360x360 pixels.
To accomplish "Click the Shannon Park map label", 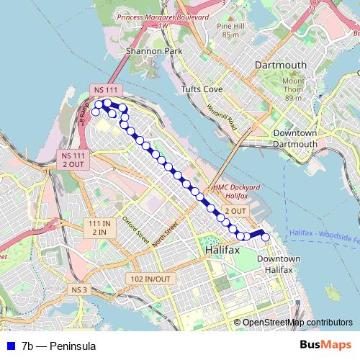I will click(x=145, y=51).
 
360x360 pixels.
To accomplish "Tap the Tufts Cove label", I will click(x=201, y=89).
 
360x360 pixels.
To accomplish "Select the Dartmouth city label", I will click(x=281, y=65).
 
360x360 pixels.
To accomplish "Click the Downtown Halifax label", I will click(x=278, y=264).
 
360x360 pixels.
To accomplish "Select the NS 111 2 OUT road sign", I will click(x=73, y=160).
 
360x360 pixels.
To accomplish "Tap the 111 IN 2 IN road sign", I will click(x=97, y=228).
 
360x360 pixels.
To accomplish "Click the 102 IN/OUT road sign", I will click(x=150, y=279).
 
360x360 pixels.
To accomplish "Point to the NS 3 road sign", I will click(x=79, y=289).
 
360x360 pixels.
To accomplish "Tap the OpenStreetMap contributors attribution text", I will click(x=297, y=323).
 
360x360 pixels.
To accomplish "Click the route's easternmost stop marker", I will click(x=265, y=237).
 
